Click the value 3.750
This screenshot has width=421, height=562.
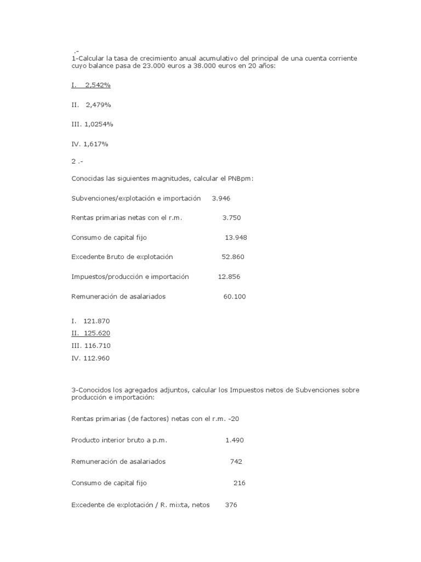pyautogui.click(x=231, y=217)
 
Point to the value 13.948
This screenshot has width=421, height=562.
pyautogui.click(x=236, y=237)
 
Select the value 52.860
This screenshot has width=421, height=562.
pyautogui.click(x=233, y=257)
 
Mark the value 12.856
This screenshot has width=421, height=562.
pyautogui.click(x=229, y=277)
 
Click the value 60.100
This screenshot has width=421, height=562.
pyautogui.click(x=235, y=296)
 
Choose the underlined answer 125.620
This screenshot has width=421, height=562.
pyautogui.click(x=97, y=333)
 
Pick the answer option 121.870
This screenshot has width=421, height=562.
pyautogui.click(x=97, y=321)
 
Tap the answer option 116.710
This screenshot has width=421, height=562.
pyautogui.click(x=98, y=346)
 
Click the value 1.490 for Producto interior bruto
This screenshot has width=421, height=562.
pyautogui.click(x=235, y=440)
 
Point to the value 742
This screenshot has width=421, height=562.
pyautogui.click(x=236, y=462)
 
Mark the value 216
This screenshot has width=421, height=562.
pyautogui.click(x=239, y=483)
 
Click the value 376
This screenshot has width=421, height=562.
pyautogui.click(x=231, y=505)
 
